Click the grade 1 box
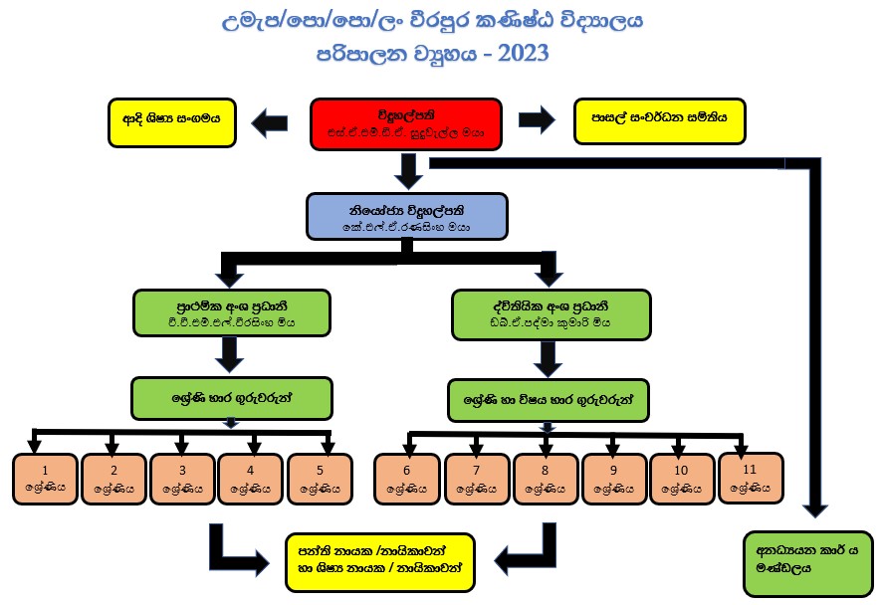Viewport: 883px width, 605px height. (x=44, y=480)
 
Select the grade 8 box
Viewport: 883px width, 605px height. (x=544, y=480)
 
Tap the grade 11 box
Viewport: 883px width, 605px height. (x=750, y=478)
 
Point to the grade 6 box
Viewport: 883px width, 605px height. (x=405, y=480)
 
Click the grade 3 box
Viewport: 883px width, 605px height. (x=182, y=480)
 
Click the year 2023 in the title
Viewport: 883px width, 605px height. (x=517, y=54)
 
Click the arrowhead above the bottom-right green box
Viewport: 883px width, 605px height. (x=814, y=507)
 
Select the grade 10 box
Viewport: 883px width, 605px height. (x=681, y=480)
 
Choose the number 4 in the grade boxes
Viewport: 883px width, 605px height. (x=251, y=471)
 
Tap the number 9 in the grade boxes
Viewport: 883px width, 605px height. (x=612, y=471)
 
